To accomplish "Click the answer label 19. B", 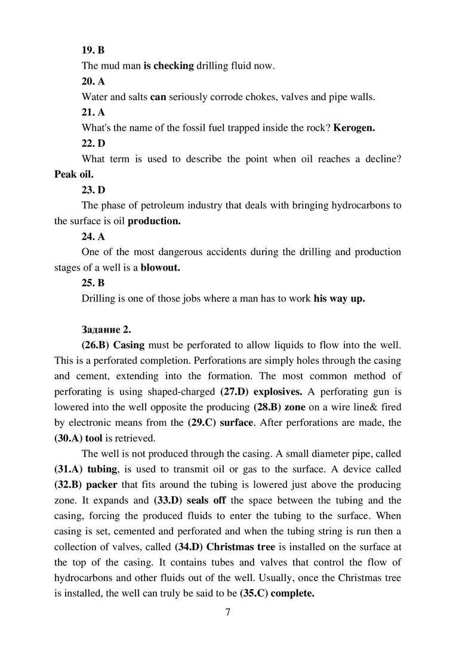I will (x=93, y=50).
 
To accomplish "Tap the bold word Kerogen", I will (x=354, y=128).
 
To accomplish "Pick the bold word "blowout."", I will (x=160, y=268).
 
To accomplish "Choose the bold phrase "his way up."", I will (x=339, y=299).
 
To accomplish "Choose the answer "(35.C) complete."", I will (x=277, y=594).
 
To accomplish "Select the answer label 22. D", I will (x=93, y=143).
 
